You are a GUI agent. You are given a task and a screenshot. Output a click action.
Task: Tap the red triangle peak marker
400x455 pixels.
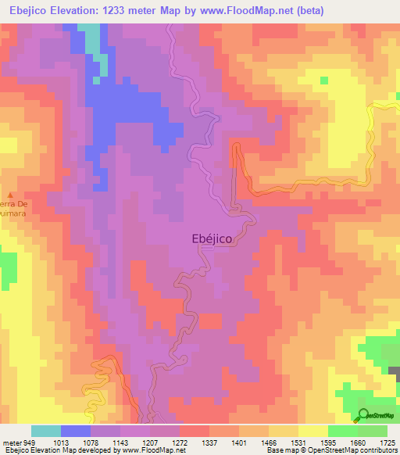[x=10, y=194]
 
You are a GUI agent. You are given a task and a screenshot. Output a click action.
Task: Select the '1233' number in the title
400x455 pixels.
[x=125, y=10]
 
